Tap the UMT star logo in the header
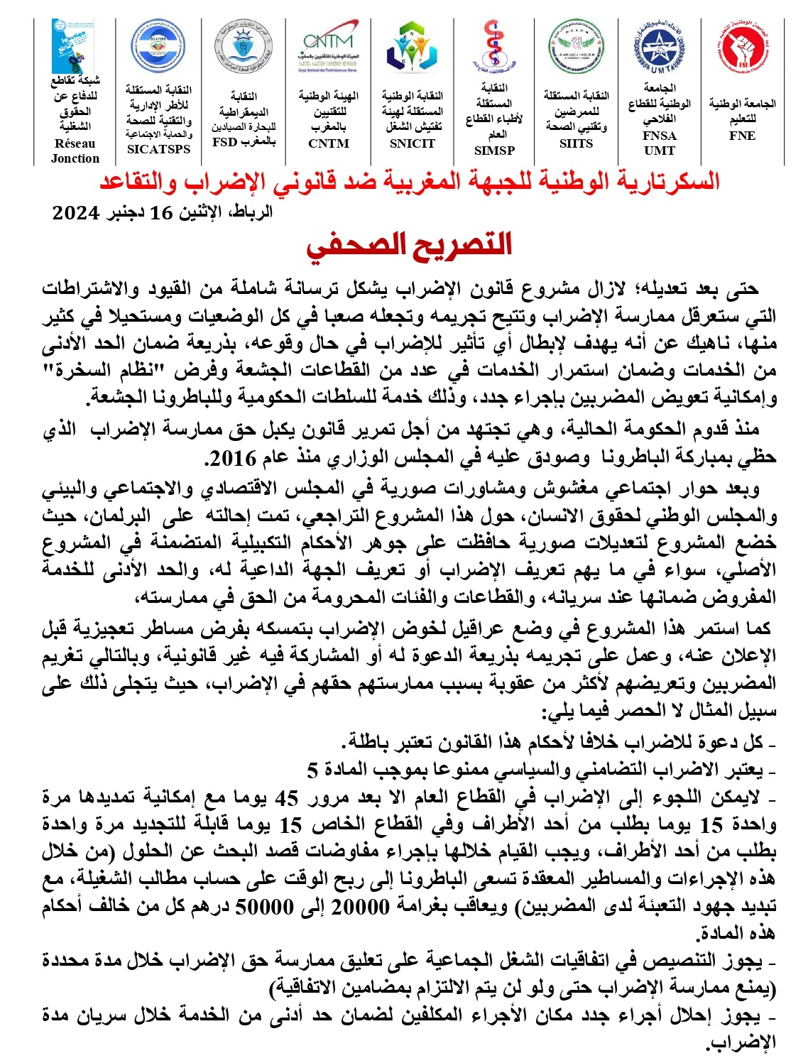[x=660, y=48]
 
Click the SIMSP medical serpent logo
[x=493, y=47]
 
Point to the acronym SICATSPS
[x=158, y=149]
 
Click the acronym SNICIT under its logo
[x=412, y=143]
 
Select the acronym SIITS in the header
[x=576, y=143]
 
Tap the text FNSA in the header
[x=660, y=136]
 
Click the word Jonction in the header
[x=75, y=158]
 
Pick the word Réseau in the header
[x=75, y=143]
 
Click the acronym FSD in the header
[x=225, y=141]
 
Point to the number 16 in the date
[x=161, y=212]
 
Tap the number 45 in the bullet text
[x=287, y=798]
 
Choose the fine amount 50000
[x=265, y=907]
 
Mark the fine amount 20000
[x=361, y=907]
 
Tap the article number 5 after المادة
[x=312, y=770]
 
